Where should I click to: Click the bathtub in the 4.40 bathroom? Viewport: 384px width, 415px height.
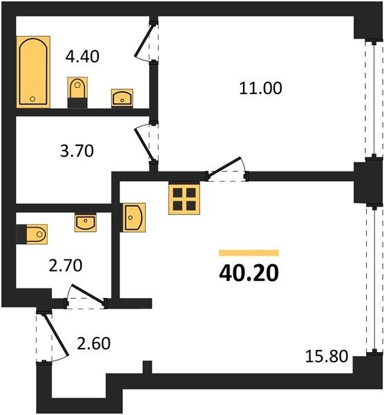pyautogui.click(x=33, y=72)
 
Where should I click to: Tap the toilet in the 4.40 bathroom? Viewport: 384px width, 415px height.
pyautogui.click(x=77, y=93)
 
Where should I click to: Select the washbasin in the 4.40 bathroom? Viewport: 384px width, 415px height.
pyautogui.click(x=122, y=98)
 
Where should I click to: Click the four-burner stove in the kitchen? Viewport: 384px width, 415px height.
pyautogui.click(x=184, y=199)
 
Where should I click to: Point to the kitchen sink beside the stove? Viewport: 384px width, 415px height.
pyautogui.click(x=133, y=218)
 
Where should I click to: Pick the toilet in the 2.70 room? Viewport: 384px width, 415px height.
pyautogui.click(x=32, y=234)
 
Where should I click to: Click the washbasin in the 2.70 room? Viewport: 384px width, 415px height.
pyautogui.click(x=86, y=222)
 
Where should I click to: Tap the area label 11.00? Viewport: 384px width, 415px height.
pyautogui.click(x=260, y=88)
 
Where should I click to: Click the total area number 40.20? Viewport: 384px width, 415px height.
pyautogui.click(x=249, y=273)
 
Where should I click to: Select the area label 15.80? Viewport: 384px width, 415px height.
pyautogui.click(x=327, y=356)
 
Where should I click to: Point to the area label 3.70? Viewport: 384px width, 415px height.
pyautogui.click(x=77, y=151)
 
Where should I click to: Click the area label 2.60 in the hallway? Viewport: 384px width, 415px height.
pyautogui.click(x=93, y=344)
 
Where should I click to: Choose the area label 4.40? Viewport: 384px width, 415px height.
pyautogui.click(x=82, y=57)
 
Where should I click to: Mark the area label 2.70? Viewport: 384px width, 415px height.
pyautogui.click(x=66, y=266)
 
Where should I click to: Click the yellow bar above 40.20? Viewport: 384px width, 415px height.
pyautogui.click(x=249, y=252)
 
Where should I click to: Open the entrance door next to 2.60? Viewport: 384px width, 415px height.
pyautogui.click(x=56, y=335)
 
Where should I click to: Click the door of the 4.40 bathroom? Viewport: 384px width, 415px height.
pyautogui.click(x=144, y=41)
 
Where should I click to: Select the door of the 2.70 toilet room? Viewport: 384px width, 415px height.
pyautogui.click(x=88, y=294)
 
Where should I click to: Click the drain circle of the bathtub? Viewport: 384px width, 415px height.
pyautogui.click(x=32, y=99)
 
